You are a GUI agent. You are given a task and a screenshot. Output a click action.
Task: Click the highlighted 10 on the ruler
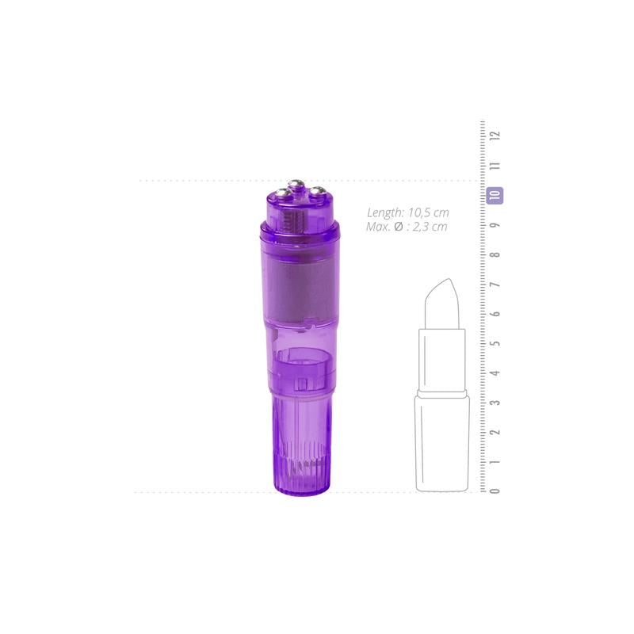[495, 195]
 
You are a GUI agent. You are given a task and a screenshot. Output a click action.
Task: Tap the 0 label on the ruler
[495, 491]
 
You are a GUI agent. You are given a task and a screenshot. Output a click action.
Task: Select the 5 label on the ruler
[495, 344]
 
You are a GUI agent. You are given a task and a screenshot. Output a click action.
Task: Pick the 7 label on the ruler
[495, 285]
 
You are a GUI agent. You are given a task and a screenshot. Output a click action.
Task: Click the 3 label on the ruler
[495, 403]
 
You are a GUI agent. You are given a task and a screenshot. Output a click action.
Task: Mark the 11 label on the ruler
[495, 166]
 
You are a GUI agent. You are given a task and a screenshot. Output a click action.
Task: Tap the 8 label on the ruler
[495, 255]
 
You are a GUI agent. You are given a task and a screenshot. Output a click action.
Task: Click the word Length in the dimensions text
[386, 212]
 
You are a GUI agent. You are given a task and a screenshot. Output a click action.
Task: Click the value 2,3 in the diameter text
[422, 227]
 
